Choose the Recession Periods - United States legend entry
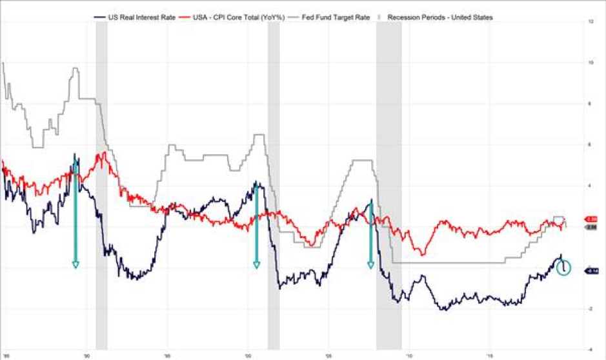(439, 17)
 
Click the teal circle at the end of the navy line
(563, 268)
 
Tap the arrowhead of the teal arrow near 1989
(76, 264)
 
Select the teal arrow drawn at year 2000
(256, 226)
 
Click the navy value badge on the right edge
(592, 271)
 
